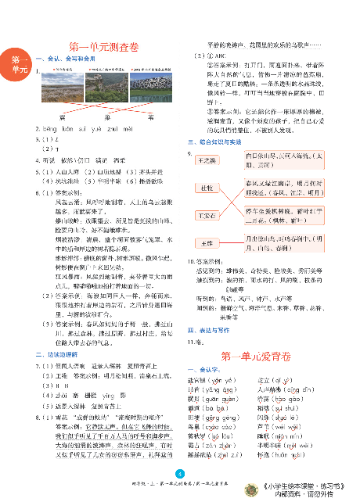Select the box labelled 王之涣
(x=207, y=160)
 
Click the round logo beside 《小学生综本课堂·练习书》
(x=257, y=486)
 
